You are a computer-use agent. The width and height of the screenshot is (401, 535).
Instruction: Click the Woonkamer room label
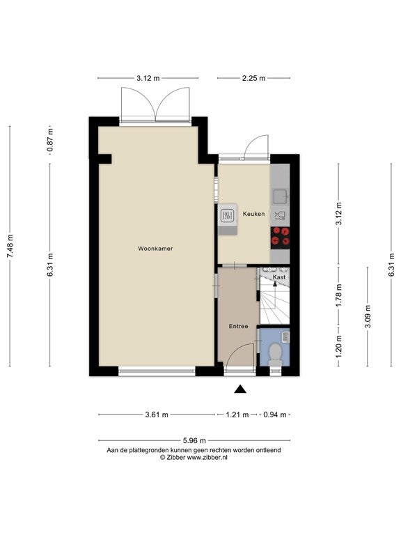pos(155,249)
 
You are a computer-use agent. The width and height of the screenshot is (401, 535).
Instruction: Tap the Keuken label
pos(253,214)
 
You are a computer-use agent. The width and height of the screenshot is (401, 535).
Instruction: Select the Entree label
pos(238,326)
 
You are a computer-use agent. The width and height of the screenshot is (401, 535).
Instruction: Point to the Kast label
pos(279,277)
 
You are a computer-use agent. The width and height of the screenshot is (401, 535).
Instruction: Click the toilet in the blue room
pos(275,354)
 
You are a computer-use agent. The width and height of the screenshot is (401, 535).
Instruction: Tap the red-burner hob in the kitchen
pos(280,238)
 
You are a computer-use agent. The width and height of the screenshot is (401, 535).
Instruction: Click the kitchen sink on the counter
pos(281,196)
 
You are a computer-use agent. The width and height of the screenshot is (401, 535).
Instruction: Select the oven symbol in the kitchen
pos(228,215)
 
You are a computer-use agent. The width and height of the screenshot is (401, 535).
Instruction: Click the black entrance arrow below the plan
pos(240,389)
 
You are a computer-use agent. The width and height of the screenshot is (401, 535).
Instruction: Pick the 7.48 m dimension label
pos(10,247)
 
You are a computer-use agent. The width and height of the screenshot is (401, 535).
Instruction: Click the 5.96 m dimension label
pos(194,440)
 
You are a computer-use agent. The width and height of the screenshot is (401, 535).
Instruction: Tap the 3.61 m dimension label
pos(157,414)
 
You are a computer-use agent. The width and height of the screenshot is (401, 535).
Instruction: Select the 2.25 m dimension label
pos(253,78)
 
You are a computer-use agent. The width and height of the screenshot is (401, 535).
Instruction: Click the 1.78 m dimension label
pos(338,295)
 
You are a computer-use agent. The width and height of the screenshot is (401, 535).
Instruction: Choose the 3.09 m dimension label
pos(368,316)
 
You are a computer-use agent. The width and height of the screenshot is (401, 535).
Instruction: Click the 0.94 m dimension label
pos(275,414)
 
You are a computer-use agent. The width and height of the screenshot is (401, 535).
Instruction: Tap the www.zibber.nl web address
pos(207,458)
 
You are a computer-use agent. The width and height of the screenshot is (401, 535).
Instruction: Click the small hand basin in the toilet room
pos(285,336)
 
